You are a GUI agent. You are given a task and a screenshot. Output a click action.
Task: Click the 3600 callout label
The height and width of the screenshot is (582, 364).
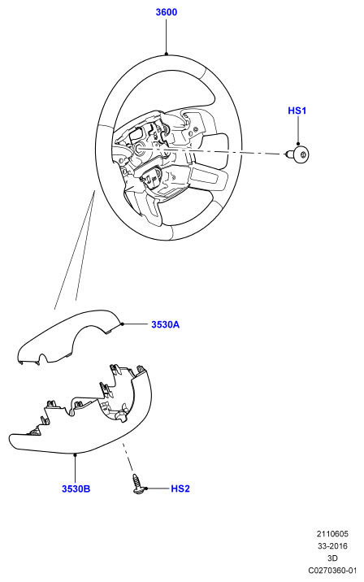(167, 12)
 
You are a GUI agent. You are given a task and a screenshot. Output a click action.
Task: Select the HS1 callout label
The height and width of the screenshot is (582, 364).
(297, 111)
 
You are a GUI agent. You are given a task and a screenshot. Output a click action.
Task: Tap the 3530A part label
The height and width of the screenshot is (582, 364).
(166, 325)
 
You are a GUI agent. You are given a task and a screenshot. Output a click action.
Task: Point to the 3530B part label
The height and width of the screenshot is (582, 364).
(76, 489)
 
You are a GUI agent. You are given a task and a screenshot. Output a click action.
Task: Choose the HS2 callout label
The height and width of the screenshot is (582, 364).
(180, 489)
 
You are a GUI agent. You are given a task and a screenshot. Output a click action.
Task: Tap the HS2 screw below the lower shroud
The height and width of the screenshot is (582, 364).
(136, 484)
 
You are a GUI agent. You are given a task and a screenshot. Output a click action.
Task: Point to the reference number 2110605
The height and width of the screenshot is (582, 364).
(332, 534)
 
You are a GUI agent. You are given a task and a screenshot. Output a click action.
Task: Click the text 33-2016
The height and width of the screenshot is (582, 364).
(332, 546)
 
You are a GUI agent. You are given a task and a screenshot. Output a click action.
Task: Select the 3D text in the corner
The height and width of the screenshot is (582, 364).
(332, 558)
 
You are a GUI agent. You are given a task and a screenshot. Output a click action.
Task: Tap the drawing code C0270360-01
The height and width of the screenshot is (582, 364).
(332, 570)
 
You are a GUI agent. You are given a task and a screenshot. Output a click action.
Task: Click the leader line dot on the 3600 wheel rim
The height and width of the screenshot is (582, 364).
(167, 54)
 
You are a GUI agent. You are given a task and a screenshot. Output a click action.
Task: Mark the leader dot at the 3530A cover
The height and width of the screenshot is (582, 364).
(122, 324)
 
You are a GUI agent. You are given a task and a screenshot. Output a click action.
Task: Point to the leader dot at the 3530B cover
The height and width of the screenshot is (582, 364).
(76, 454)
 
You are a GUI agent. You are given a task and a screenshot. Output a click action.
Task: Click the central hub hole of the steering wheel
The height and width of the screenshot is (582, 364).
(141, 149)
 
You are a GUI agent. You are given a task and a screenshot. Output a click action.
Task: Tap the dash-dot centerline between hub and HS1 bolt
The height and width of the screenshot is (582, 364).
(210, 151)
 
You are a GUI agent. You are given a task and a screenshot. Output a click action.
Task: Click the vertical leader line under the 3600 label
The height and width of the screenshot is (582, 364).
(167, 36)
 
